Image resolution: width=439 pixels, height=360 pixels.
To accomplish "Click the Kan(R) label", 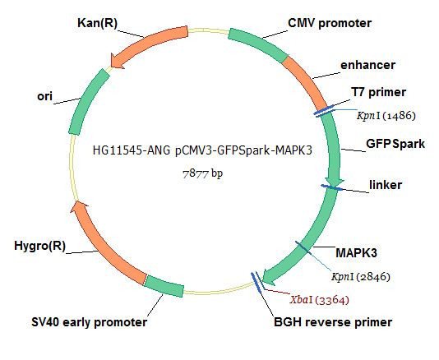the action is pyautogui.click(x=97, y=23).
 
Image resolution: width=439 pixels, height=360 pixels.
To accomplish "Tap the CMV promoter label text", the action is pyautogui.click(x=330, y=23).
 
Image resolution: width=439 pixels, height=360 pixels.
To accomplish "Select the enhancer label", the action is pyautogui.click(x=367, y=65).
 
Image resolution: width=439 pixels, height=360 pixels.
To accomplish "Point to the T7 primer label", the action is pyautogui.click(x=378, y=92).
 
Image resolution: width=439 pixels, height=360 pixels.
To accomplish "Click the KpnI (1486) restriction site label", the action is pyautogui.click(x=386, y=115).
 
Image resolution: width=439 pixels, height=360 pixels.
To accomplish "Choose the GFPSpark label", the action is pyautogui.click(x=395, y=144).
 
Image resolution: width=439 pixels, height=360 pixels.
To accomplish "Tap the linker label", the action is pyautogui.click(x=386, y=185).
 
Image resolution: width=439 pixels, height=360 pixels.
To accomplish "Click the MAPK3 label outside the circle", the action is pyautogui.click(x=356, y=253).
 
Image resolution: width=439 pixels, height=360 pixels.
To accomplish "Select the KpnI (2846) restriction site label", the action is pyautogui.click(x=361, y=277).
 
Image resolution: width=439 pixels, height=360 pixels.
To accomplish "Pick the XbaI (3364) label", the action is pyautogui.click(x=320, y=300).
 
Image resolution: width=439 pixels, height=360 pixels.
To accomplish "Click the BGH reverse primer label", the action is pyautogui.click(x=333, y=322).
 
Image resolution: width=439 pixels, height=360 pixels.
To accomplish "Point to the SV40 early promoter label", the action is pyautogui.click(x=89, y=322).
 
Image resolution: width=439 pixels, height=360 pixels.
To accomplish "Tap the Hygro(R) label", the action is pyautogui.click(x=39, y=246).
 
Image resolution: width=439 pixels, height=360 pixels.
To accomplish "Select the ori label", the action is pyautogui.click(x=44, y=96).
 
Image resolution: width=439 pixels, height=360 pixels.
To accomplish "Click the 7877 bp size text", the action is pyautogui.click(x=203, y=173).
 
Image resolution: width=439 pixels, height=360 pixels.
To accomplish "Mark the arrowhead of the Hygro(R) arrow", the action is pyautogui.click(x=79, y=206).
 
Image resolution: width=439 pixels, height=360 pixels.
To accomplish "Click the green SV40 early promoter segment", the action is pyautogui.click(x=164, y=286).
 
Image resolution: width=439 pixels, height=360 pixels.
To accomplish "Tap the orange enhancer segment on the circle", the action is pyautogui.click(x=306, y=81).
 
